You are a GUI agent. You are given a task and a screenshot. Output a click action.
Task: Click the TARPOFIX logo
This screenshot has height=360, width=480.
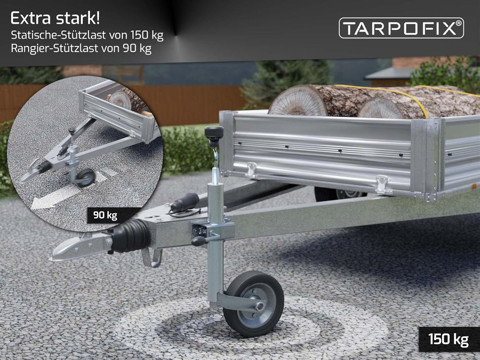[401, 28]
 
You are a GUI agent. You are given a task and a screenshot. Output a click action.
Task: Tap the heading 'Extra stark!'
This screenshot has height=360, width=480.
[55, 18]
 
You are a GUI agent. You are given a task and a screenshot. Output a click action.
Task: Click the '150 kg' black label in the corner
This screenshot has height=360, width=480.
[448, 339]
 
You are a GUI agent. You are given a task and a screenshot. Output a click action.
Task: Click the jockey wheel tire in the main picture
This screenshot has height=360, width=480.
[253, 304]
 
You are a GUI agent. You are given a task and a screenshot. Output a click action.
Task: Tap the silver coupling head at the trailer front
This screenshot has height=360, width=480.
[80, 247]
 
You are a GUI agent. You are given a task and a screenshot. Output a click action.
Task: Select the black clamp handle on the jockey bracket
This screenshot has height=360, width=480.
[199, 241]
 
